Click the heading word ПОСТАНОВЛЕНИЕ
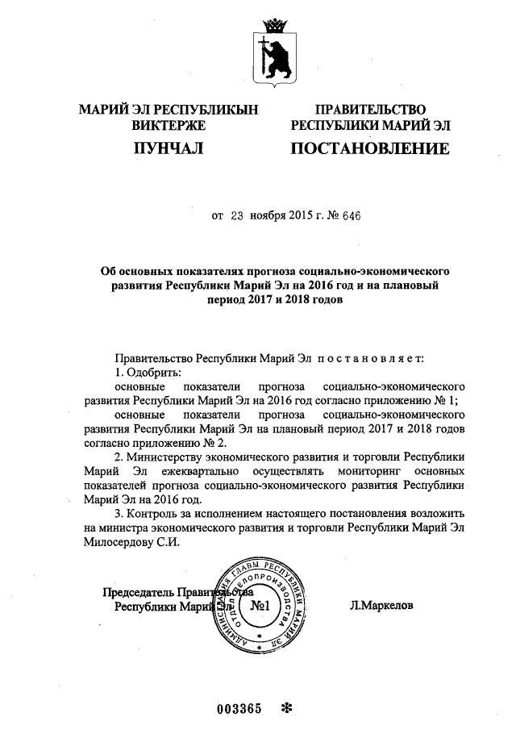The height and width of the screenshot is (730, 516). [x=369, y=148]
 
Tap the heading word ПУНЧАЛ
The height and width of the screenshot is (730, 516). [x=168, y=148]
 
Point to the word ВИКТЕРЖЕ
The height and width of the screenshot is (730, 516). [x=169, y=125]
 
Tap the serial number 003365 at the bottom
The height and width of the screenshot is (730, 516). [x=240, y=708]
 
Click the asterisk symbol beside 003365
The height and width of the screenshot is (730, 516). [x=285, y=708]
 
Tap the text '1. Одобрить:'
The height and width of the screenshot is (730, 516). [x=147, y=371]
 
